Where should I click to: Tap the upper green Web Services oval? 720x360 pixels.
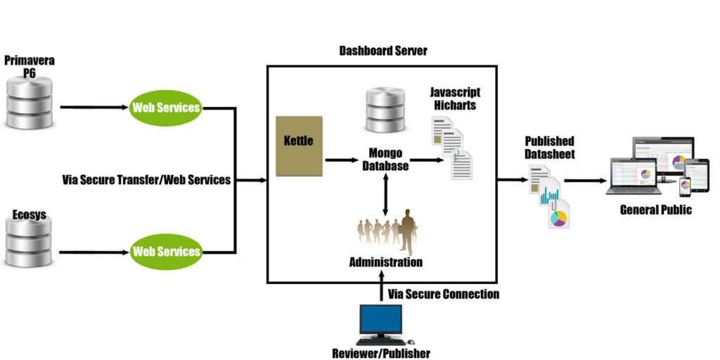point(166,108)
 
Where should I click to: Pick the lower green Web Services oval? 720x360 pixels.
point(166,251)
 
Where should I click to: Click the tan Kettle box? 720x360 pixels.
point(299,146)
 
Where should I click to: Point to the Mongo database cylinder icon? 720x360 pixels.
point(386,110)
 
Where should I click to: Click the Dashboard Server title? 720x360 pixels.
point(382,51)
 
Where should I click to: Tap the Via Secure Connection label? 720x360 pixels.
point(443,294)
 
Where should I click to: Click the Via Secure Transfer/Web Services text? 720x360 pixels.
point(146,180)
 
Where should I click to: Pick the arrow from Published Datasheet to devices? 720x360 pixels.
point(585,180)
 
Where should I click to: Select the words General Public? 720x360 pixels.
point(655,210)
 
